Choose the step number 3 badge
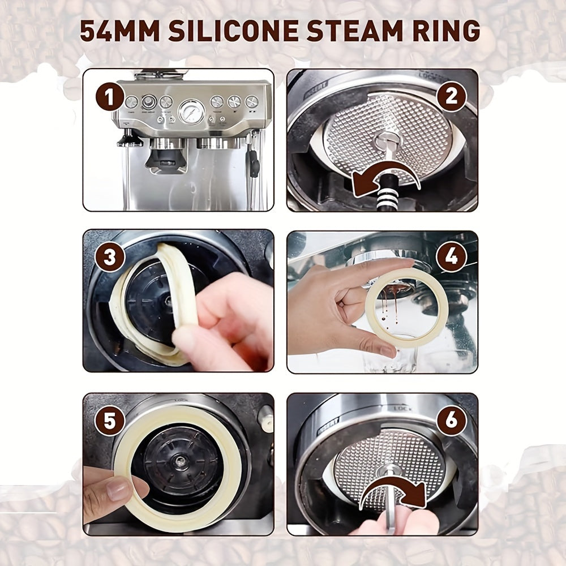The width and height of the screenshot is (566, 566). point(110,257)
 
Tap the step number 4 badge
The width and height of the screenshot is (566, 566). point(451,257)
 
